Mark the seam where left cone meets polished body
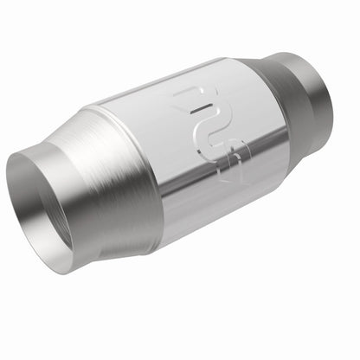[130, 182]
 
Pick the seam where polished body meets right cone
[260, 95]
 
